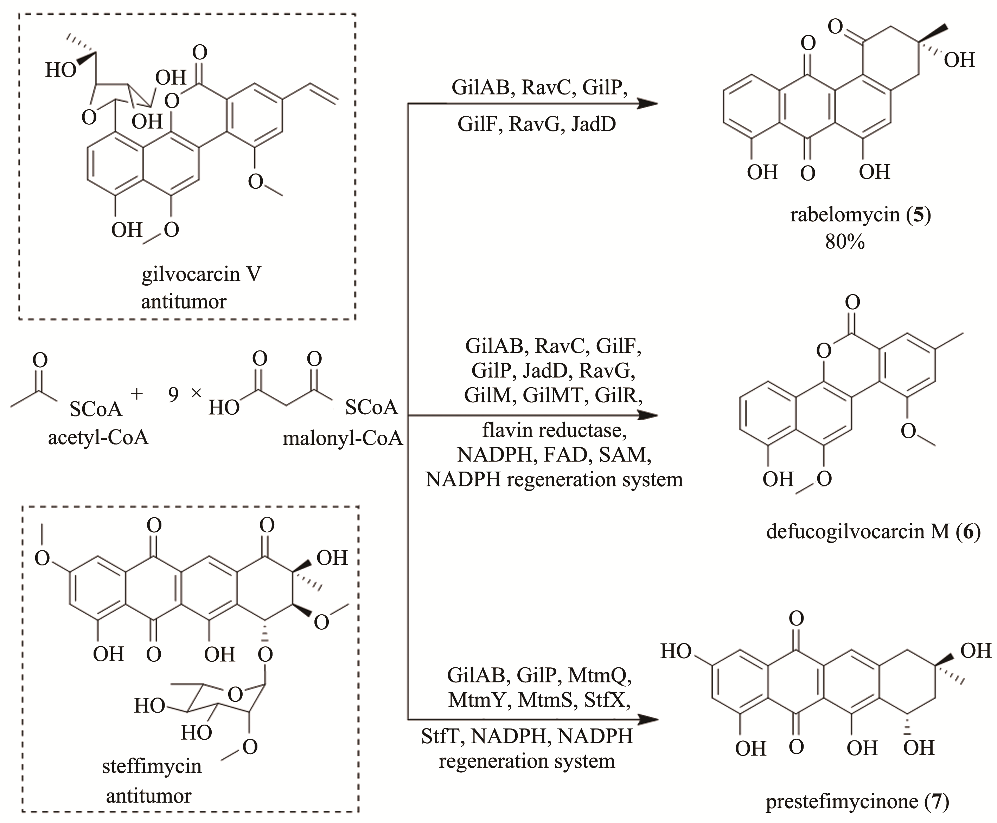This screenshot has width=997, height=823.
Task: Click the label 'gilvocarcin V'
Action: tap(201, 274)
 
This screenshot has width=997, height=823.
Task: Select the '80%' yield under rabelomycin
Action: tap(845, 242)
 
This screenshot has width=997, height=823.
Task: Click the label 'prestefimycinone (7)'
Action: tap(857, 801)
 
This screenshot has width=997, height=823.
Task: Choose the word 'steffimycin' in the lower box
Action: tap(152, 766)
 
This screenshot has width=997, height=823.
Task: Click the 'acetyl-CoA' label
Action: tap(98, 437)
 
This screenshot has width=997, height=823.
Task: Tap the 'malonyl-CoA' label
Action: tap(343, 438)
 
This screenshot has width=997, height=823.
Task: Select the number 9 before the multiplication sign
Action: tap(173, 394)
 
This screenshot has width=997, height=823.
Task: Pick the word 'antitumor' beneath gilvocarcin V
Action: tap(184, 301)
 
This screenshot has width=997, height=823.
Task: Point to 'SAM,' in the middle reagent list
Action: tap(625, 455)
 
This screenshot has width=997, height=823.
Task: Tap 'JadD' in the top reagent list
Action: tap(593, 124)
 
